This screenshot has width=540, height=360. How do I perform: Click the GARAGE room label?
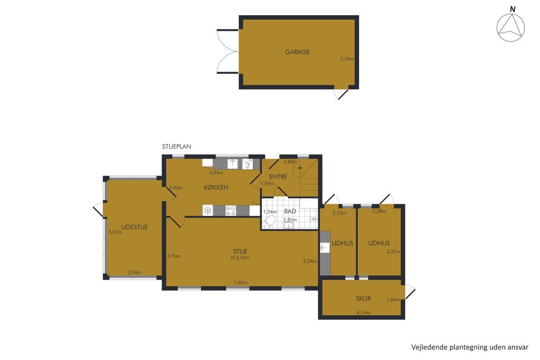297,52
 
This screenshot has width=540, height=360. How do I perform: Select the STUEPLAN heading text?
176,146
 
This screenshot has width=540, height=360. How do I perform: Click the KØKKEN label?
216,187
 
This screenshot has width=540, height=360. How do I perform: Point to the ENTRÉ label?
278,177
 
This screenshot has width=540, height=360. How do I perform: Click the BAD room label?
290,211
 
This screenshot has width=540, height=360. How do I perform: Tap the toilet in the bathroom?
269,222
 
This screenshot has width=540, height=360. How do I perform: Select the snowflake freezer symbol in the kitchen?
208,211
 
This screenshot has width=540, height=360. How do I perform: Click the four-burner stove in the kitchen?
231,211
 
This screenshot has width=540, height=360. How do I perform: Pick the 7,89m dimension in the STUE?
240,283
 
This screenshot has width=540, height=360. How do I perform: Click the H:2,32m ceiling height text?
240,257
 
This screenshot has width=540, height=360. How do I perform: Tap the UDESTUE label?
134,227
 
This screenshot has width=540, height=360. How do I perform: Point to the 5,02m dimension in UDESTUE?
115,232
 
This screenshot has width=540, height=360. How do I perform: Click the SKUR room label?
363,298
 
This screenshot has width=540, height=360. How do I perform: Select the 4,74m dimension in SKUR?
363,313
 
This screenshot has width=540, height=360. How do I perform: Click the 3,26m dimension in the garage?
347,58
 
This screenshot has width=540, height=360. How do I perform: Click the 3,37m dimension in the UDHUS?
393,252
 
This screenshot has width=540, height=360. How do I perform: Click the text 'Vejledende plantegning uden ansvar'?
470,347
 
